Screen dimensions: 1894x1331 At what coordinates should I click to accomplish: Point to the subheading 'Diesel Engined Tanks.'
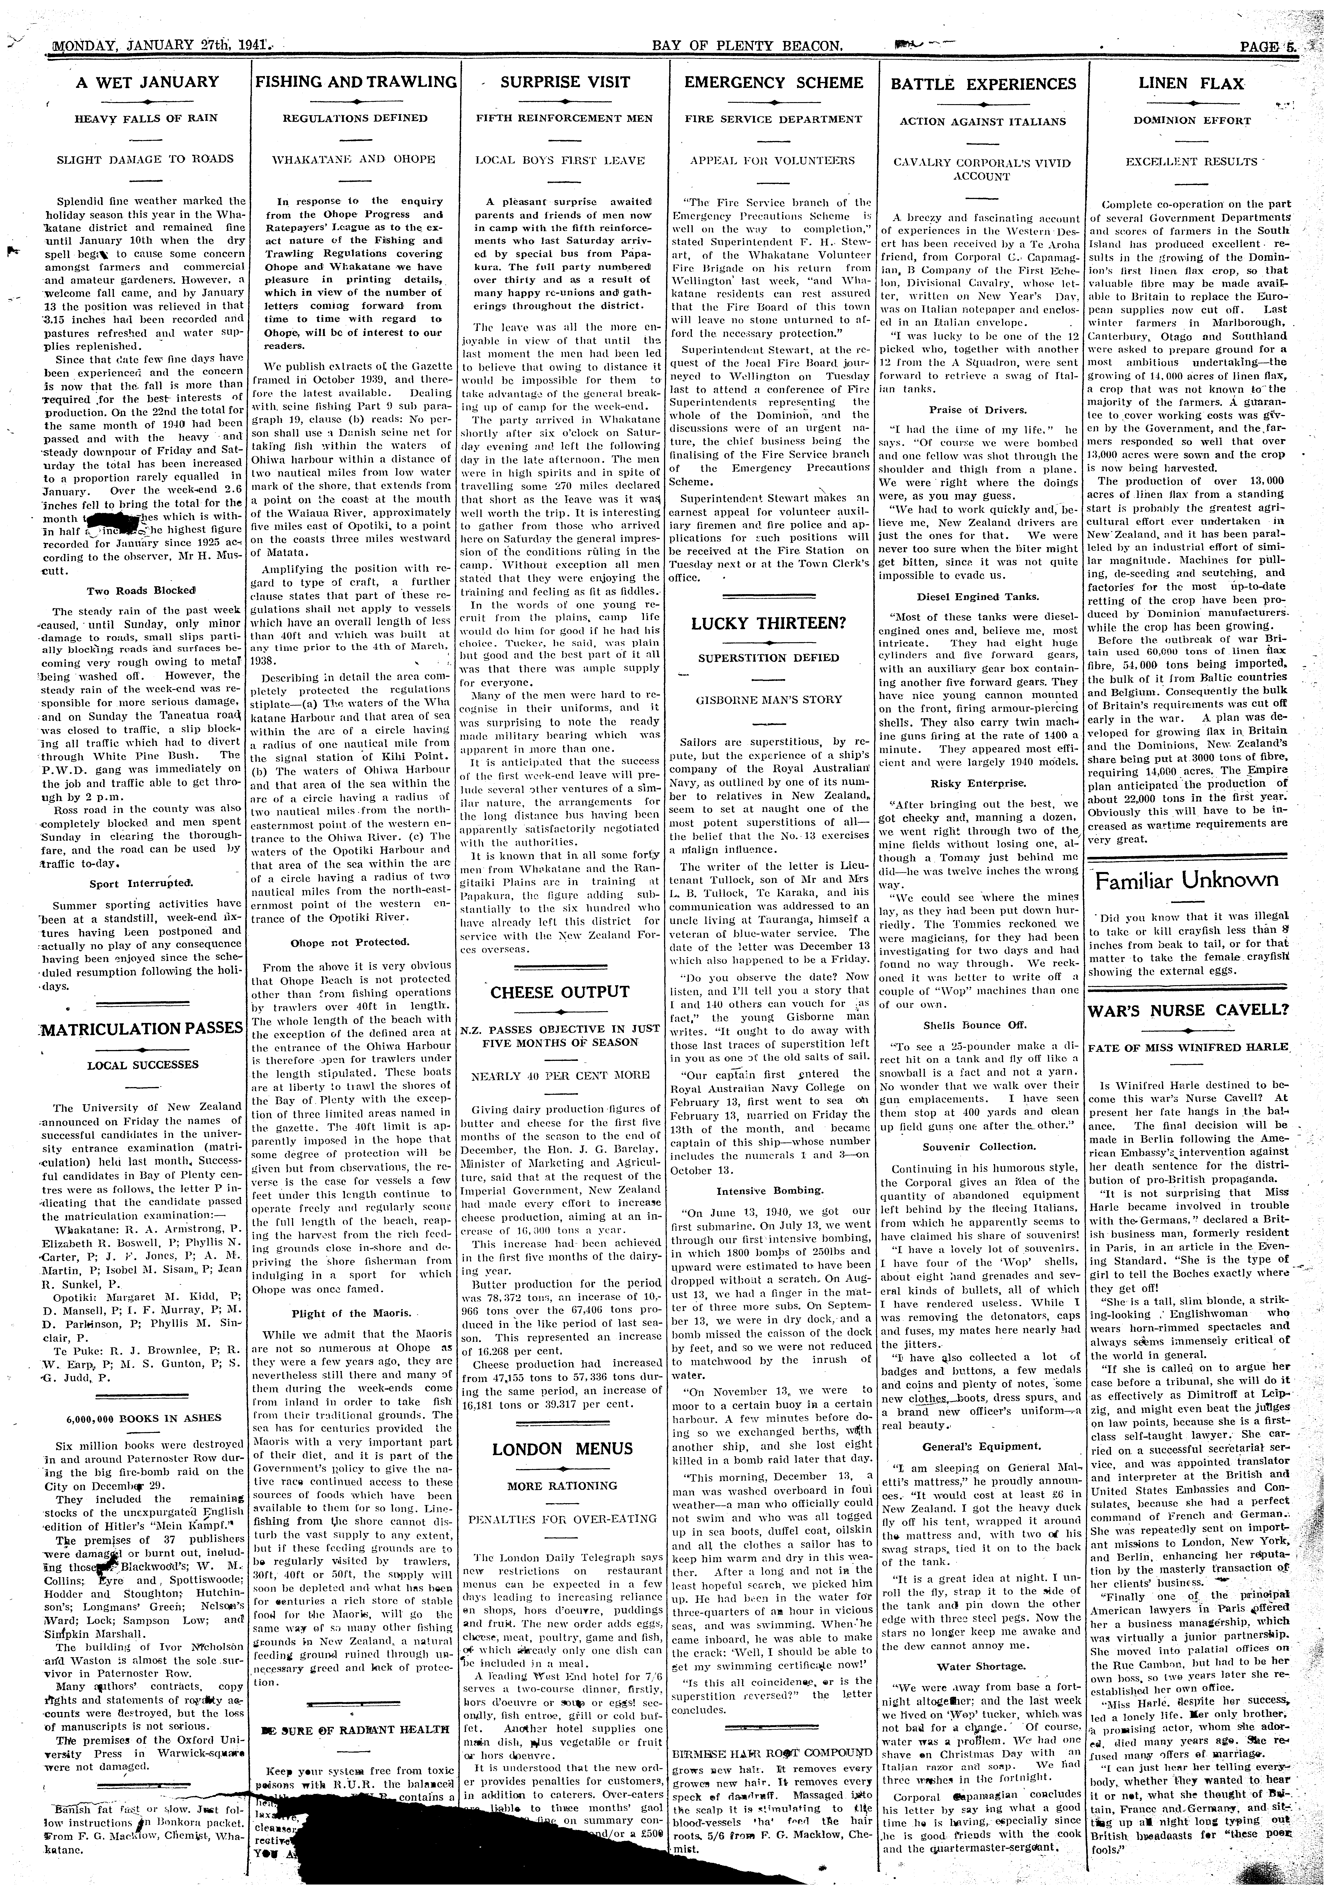pos(978,596)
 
